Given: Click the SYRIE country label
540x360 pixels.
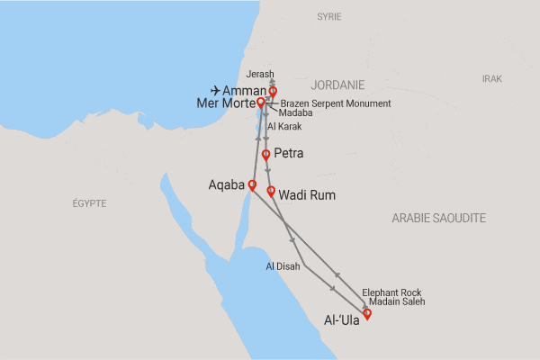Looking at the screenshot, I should pyautogui.click(x=329, y=17).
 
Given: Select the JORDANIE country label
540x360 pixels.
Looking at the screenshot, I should pyautogui.click(x=337, y=85).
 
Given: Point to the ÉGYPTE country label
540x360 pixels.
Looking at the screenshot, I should pyautogui.click(x=89, y=203).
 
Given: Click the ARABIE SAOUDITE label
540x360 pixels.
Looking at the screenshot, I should pyautogui.click(x=439, y=218).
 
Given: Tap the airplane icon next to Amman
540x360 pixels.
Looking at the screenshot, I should pyautogui.click(x=215, y=91).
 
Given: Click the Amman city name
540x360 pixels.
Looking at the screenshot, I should pyautogui.click(x=244, y=91).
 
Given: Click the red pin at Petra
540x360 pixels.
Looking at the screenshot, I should pyautogui.click(x=265, y=156).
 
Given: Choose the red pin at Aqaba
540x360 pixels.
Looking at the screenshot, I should pyautogui.click(x=252, y=185).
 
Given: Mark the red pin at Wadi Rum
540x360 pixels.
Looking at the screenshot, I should pyautogui.click(x=271, y=191).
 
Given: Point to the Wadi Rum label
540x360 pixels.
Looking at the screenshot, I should pyautogui.click(x=307, y=193).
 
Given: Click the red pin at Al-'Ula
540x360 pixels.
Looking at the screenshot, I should pyautogui.click(x=366, y=313).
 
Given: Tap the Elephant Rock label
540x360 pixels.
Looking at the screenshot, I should pyautogui.click(x=391, y=292).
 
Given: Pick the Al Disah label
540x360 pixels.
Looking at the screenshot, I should pyautogui.click(x=283, y=266).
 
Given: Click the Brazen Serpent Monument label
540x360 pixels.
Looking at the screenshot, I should pyautogui.click(x=335, y=103).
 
